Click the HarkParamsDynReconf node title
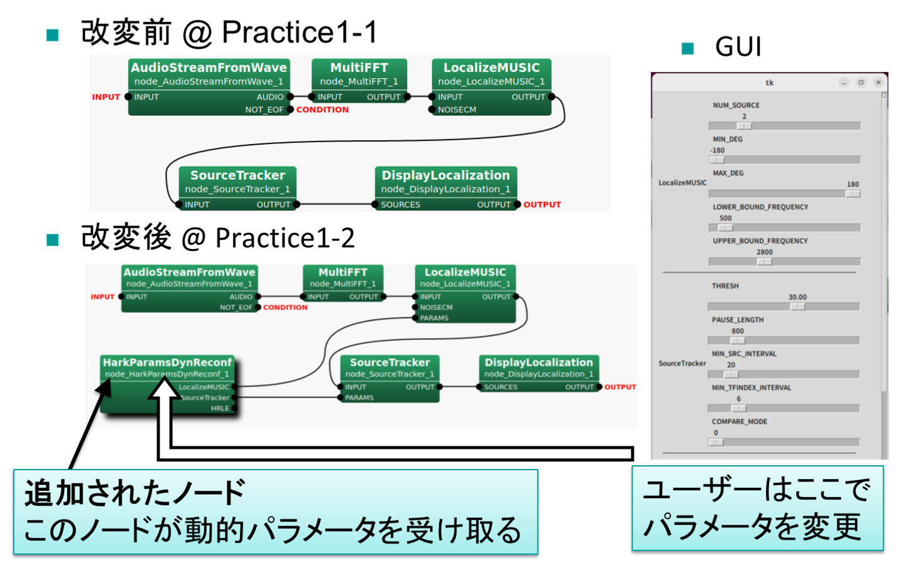167,363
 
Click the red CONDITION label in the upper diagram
323,110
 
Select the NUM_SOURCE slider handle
744,126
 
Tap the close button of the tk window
878,83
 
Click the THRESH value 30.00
797,297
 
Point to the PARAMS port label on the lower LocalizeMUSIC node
434,318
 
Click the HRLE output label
220,408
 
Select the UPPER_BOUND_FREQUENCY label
760,241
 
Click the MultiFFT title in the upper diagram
359,68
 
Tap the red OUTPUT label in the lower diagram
620,387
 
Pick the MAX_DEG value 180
852,185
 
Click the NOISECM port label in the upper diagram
457,110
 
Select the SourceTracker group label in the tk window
682,363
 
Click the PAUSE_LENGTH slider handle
738,341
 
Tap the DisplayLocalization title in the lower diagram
539,363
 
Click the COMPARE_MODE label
739,422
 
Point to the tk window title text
769,83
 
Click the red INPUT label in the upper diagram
106,97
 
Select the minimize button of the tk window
844,83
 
